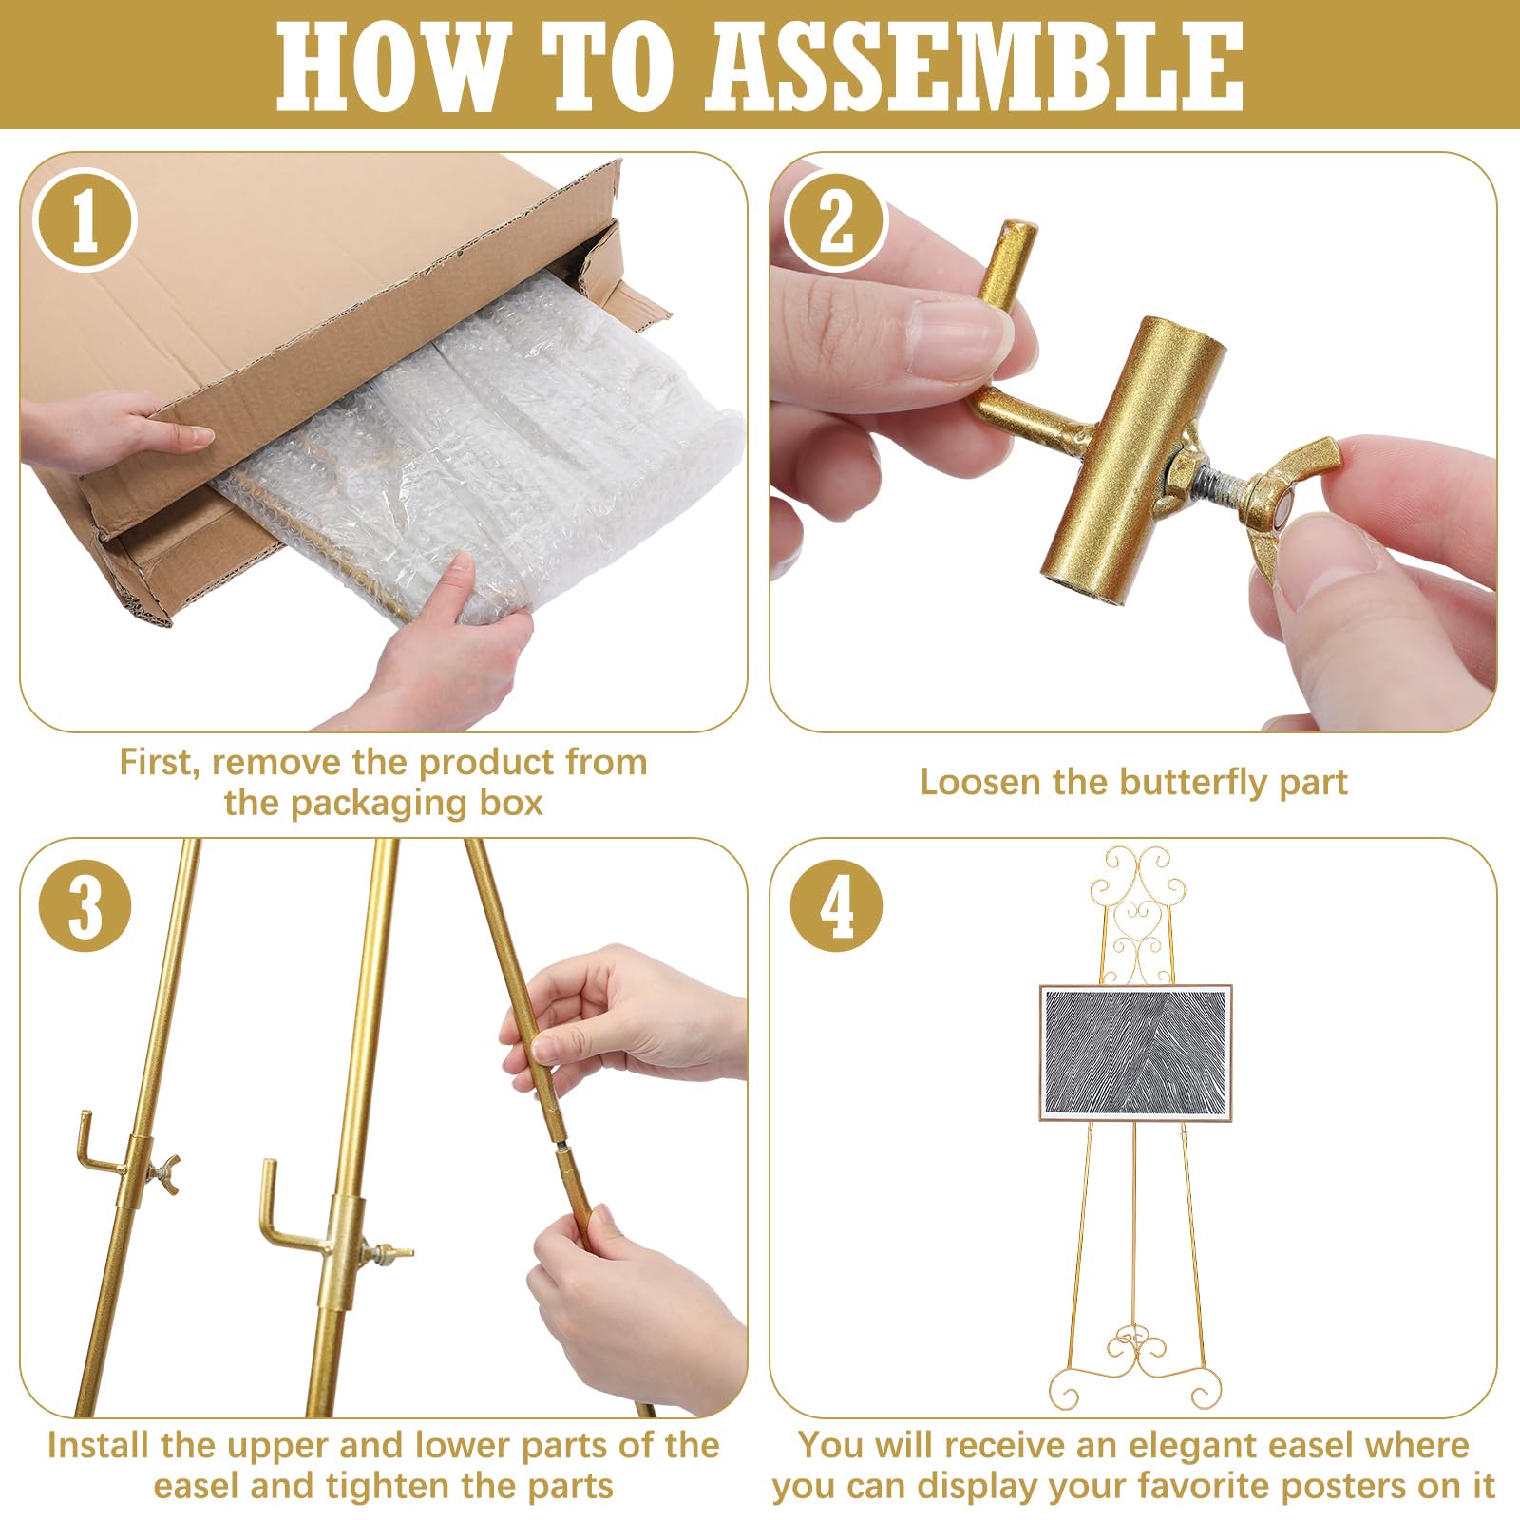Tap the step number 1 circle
(85, 220)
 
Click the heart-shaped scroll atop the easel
(1136, 927)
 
